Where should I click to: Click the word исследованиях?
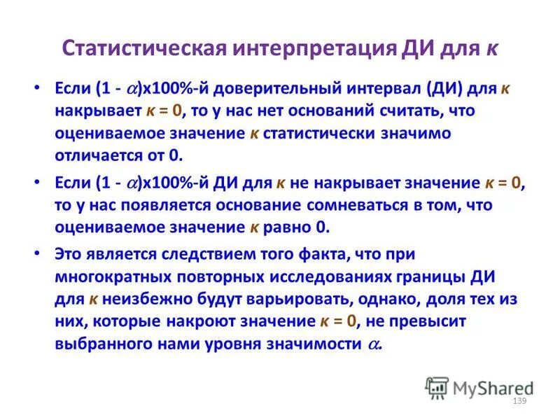tap(324, 277)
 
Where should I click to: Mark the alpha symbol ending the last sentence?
tap(374, 344)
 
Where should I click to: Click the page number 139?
tap(519, 400)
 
